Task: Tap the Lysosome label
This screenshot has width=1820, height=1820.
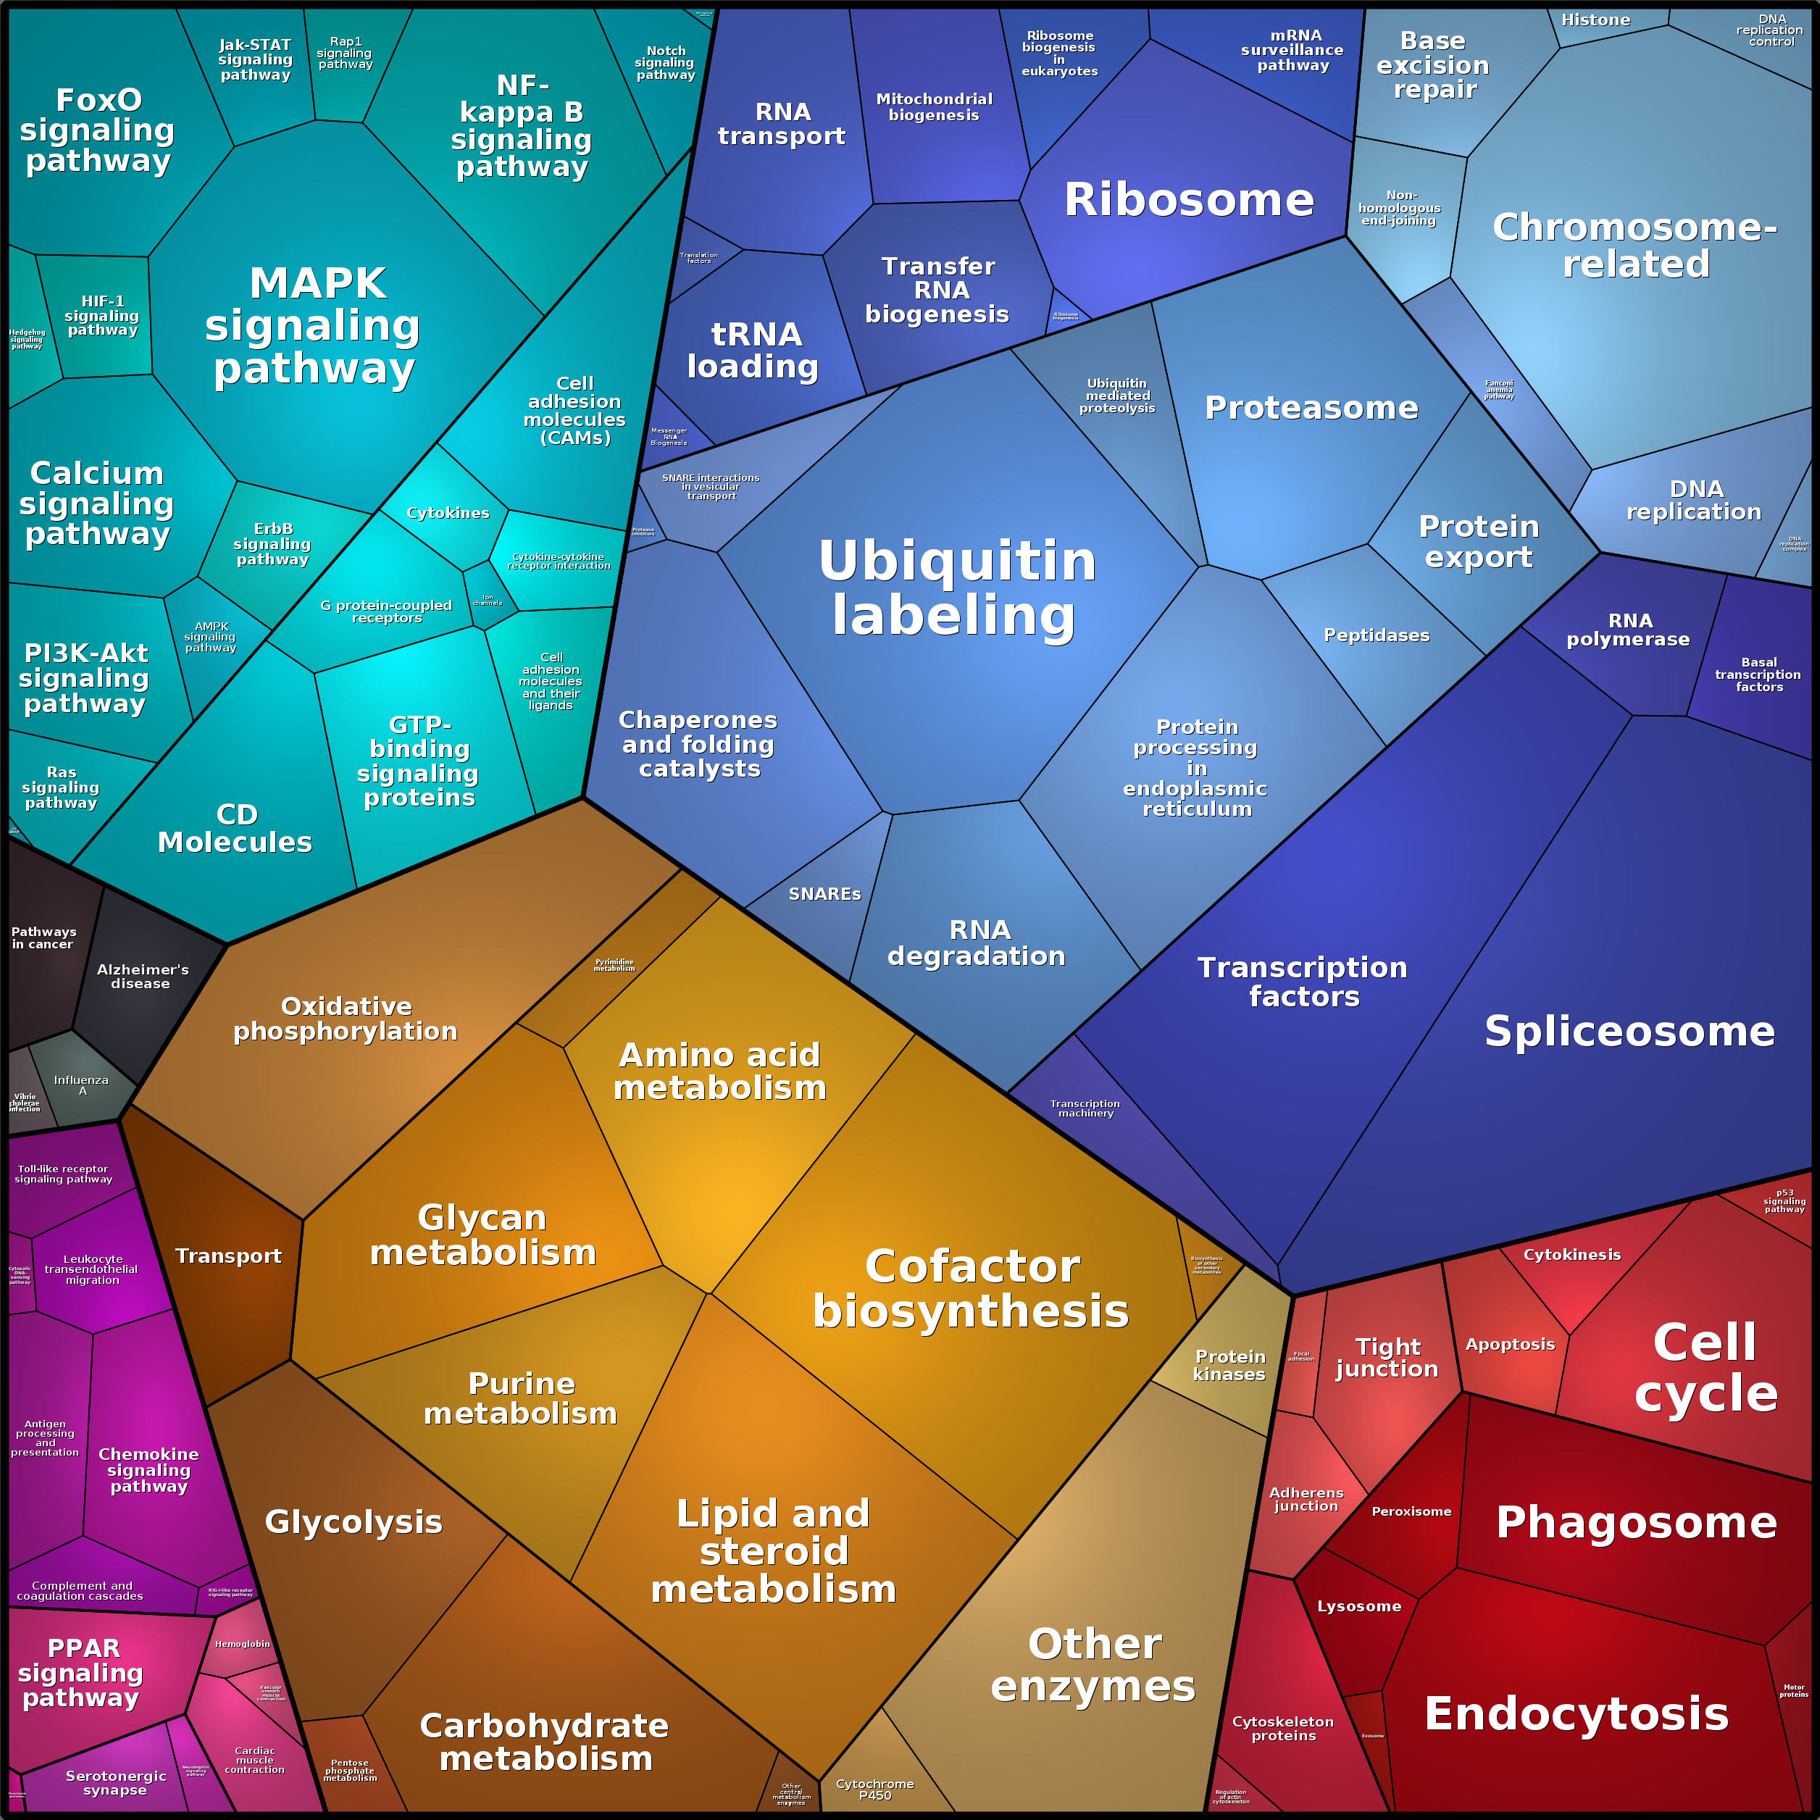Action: click(x=1358, y=1606)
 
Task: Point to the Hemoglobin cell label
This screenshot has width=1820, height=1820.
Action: click(x=242, y=1644)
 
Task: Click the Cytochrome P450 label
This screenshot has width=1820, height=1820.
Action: click(x=874, y=1789)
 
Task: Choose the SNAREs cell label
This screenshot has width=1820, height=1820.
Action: click(x=825, y=894)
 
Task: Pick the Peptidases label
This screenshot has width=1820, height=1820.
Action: click(x=1377, y=635)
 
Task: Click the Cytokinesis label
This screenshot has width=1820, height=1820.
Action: click(x=1572, y=1255)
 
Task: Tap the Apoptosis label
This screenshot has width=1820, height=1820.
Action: click(x=1510, y=1344)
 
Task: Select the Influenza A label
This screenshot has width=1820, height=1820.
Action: click(x=81, y=1085)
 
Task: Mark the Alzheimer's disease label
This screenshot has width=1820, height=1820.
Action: click(x=142, y=976)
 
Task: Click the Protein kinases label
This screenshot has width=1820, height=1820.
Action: click(x=1230, y=1365)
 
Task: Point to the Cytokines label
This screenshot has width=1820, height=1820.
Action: click(x=448, y=512)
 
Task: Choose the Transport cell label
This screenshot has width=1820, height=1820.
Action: click(x=228, y=1256)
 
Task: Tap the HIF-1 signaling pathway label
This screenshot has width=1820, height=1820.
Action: click(x=101, y=316)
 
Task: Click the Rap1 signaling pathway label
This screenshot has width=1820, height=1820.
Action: click(x=345, y=53)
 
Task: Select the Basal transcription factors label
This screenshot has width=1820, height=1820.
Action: click(x=1758, y=675)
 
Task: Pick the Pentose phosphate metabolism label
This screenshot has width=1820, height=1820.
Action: click(x=349, y=1769)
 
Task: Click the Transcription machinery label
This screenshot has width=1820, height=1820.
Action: click(x=1085, y=1108)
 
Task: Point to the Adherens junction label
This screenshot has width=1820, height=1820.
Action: click(x=1306, y=1499)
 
